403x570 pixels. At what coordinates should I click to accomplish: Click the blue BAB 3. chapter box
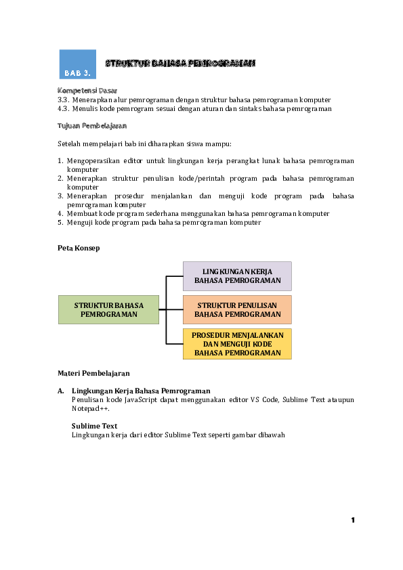[x=77, y=64]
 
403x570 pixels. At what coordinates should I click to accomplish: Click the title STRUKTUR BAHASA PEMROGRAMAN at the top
[x=180, y=63]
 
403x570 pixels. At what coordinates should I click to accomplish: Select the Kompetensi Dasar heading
[x=87, y=90]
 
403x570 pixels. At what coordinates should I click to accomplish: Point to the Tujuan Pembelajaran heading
[x=92, y=126]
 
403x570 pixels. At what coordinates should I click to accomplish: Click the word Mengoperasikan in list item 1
[x=89, y=161]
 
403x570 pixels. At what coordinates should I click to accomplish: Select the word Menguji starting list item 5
[x=81, y=222]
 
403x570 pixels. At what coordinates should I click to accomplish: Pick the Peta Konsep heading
[x=79, y=248]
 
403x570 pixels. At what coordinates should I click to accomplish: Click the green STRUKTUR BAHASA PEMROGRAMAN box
[x=108, y=309]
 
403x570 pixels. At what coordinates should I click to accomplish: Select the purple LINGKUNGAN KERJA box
[x=237, y=276]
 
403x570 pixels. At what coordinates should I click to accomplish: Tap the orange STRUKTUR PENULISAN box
[x=237, y=309]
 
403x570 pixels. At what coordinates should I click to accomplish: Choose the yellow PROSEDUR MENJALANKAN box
[x=237, y=344]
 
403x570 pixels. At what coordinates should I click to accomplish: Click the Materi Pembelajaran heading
[x=93, y=373]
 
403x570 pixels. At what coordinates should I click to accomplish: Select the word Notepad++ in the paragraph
[x=89, y=409]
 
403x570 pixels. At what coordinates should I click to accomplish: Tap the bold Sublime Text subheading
[x=94, y=426]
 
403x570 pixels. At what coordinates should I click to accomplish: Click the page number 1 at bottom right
[x=353, y=520]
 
